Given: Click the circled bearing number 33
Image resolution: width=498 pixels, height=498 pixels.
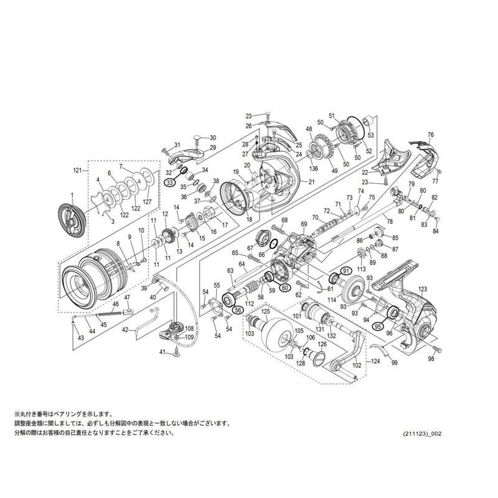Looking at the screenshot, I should (169, 182).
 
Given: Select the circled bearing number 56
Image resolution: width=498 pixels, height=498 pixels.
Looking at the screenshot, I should (237, 309).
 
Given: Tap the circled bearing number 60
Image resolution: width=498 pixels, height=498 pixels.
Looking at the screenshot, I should (284, 287).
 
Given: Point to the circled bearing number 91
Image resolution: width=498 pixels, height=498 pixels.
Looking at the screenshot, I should (346, 271).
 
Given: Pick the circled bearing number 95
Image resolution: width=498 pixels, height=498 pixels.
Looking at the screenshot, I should (378, 325).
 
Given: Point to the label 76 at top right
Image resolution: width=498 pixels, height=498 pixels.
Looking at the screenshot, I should (430, 134).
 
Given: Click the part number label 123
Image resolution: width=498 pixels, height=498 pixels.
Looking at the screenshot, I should (423, 289).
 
